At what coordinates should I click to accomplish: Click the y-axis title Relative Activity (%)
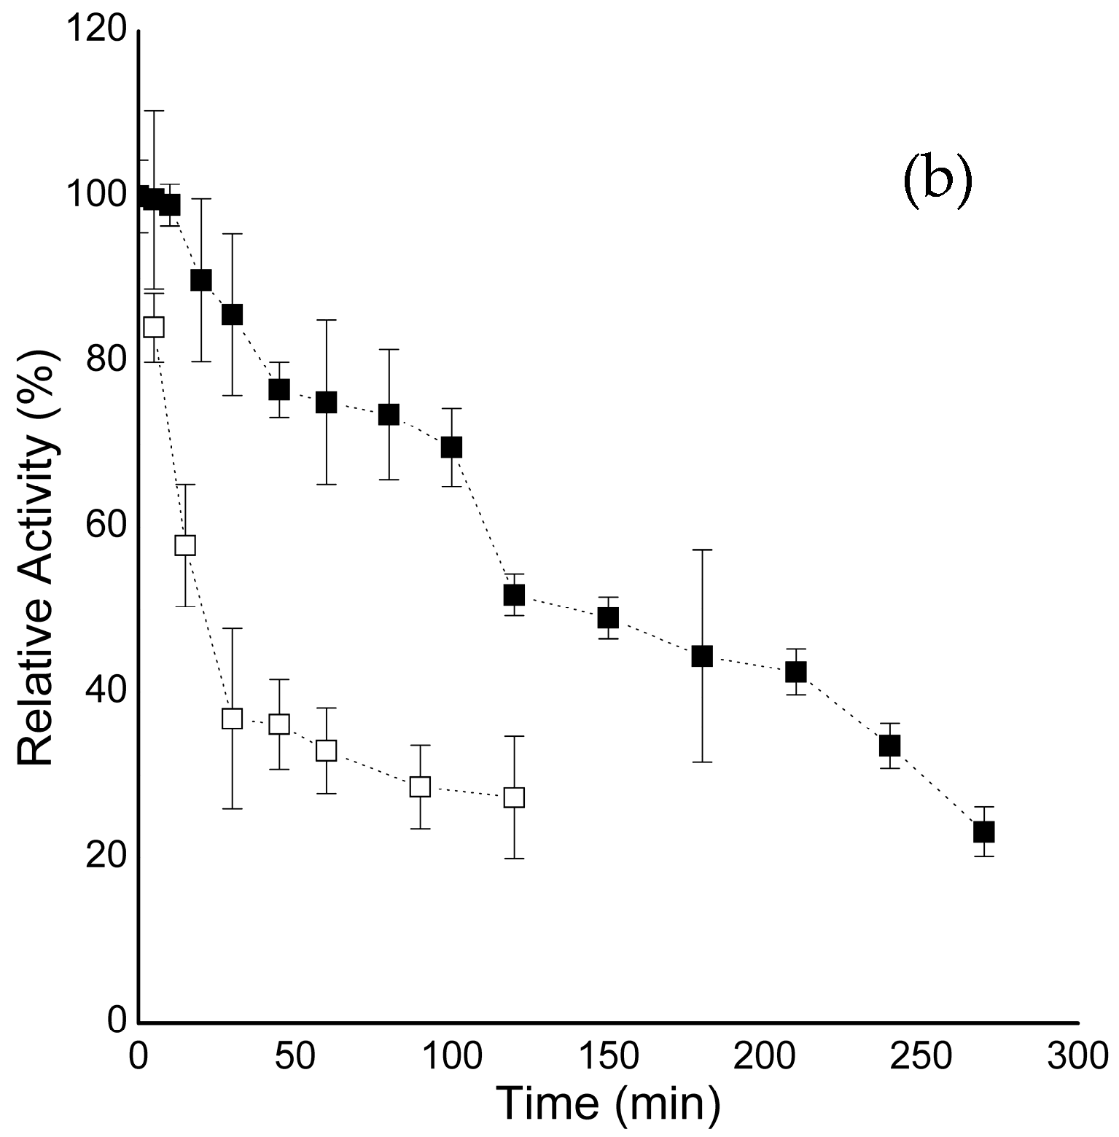36,566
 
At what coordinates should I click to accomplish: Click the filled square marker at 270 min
984,831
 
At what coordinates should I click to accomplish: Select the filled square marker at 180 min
702,656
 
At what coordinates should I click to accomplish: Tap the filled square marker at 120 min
514,595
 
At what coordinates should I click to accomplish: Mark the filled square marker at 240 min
889,746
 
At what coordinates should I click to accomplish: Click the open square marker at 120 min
514,797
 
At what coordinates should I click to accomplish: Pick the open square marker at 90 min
420,787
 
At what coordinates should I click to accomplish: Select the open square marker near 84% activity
154,327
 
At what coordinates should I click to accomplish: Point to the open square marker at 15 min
185,544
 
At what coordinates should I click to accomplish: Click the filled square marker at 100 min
452,447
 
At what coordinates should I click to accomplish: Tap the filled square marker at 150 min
608,617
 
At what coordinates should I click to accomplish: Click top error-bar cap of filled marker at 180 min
702,550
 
